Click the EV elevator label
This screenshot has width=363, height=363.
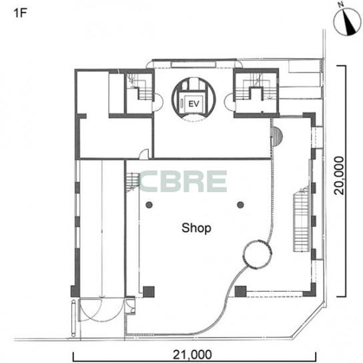(194, 104)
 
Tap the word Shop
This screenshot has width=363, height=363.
(196, 228)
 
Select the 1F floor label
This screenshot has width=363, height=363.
(21, 13)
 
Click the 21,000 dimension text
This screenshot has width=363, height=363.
(192, 355)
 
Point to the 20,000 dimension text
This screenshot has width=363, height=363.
(340, 175)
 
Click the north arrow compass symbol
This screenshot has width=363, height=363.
(348, 22)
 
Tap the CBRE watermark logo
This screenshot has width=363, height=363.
(183, 181)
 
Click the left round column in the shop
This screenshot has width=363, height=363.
(149, 205)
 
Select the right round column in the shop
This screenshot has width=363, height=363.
(240, 205)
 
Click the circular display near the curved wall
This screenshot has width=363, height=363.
(258, 254)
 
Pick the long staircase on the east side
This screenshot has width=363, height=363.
(302, 220)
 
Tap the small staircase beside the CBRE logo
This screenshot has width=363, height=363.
(133, 181)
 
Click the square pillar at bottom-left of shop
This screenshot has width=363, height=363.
(149, 292)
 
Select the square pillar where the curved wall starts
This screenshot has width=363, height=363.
(240, 292)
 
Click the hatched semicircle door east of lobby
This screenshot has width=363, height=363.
(277, 136)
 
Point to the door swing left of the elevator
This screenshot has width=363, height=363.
(157, 102)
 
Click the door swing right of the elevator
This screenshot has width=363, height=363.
(229, 103)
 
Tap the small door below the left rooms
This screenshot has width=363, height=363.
(143, 154)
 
